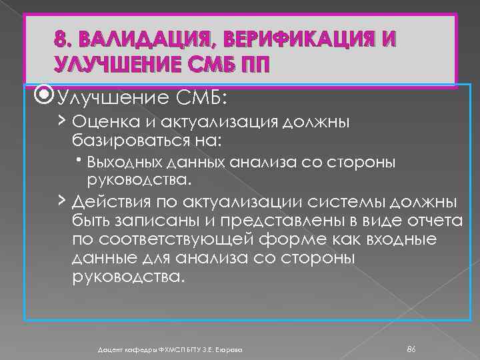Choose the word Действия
point(107,203)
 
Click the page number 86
point(412,349)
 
